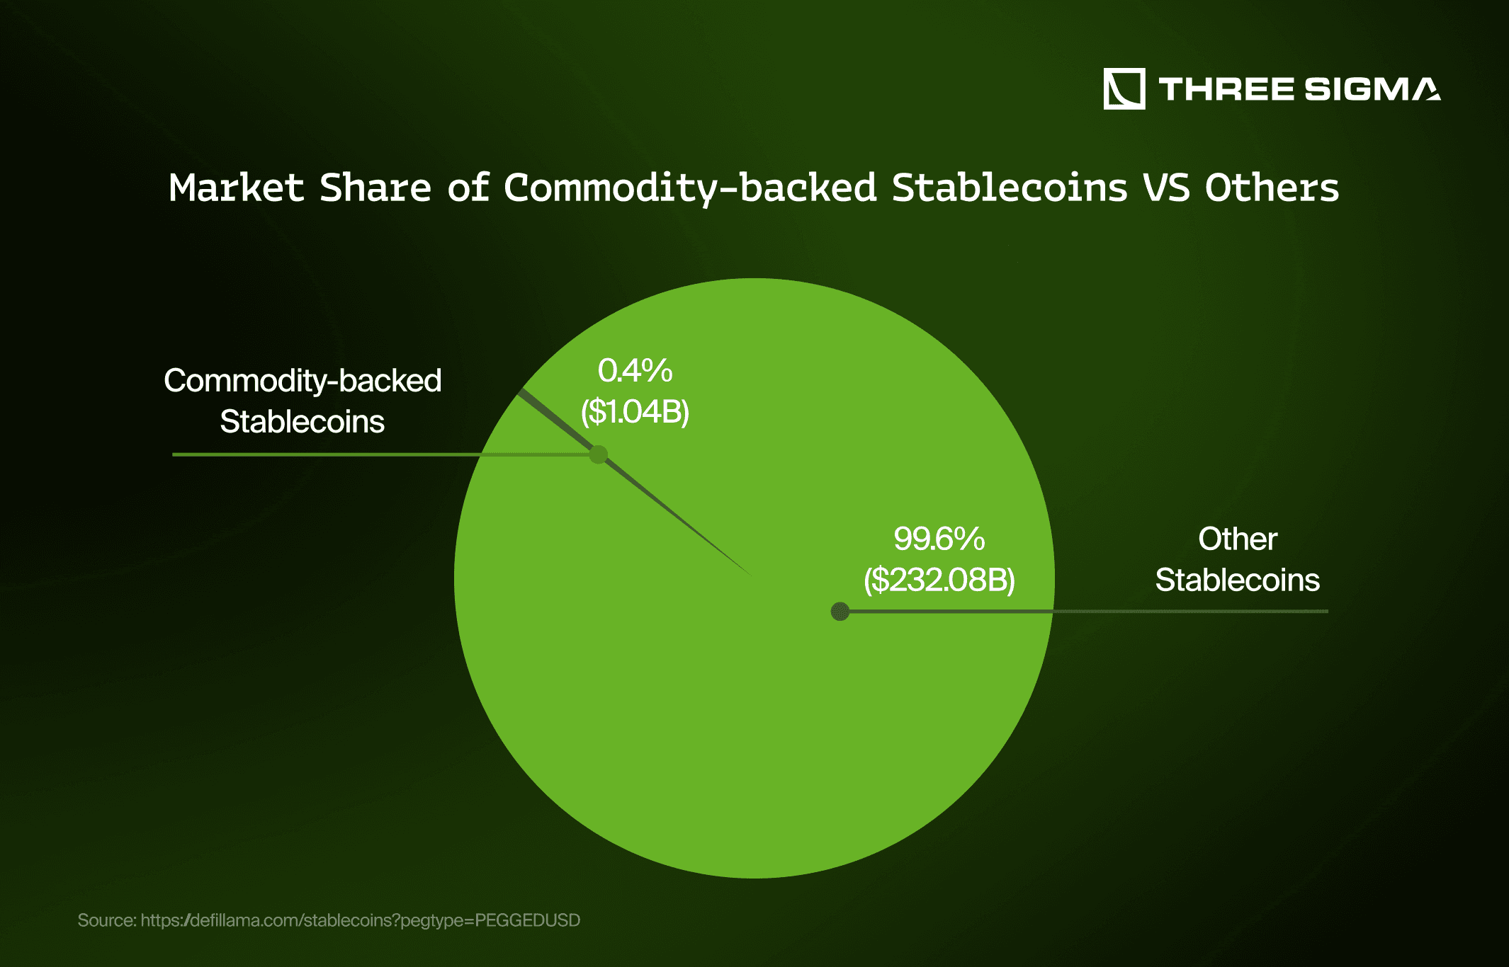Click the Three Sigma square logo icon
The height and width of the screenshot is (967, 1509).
[1124, 89]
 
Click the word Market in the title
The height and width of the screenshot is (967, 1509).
[236, 188]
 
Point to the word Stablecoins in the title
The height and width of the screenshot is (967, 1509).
[1009, 188]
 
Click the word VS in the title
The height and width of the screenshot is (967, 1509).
[1165, 188]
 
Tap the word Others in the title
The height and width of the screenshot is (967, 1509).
[1272, 188]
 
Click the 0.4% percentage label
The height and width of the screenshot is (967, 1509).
[635, 370]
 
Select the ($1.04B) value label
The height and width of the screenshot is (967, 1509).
[635, 411]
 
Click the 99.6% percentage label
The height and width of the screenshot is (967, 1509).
[939, 539]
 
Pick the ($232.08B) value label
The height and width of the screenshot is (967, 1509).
[939, 580]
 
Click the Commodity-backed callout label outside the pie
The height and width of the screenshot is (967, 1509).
[303, 381]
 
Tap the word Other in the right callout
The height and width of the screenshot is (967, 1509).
[1237, 539]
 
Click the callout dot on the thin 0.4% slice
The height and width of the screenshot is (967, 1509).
[599, 454]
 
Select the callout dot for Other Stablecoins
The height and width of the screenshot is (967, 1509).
[840, 611]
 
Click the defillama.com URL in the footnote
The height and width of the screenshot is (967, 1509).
[360, 920]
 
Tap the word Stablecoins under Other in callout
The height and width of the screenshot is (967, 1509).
[1237, 580]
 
